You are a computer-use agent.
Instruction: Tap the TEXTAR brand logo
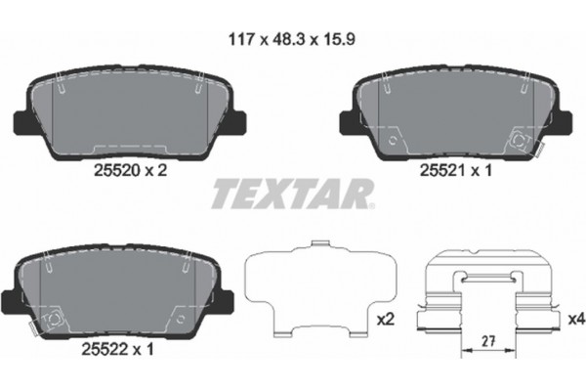[x=291, y=192]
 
